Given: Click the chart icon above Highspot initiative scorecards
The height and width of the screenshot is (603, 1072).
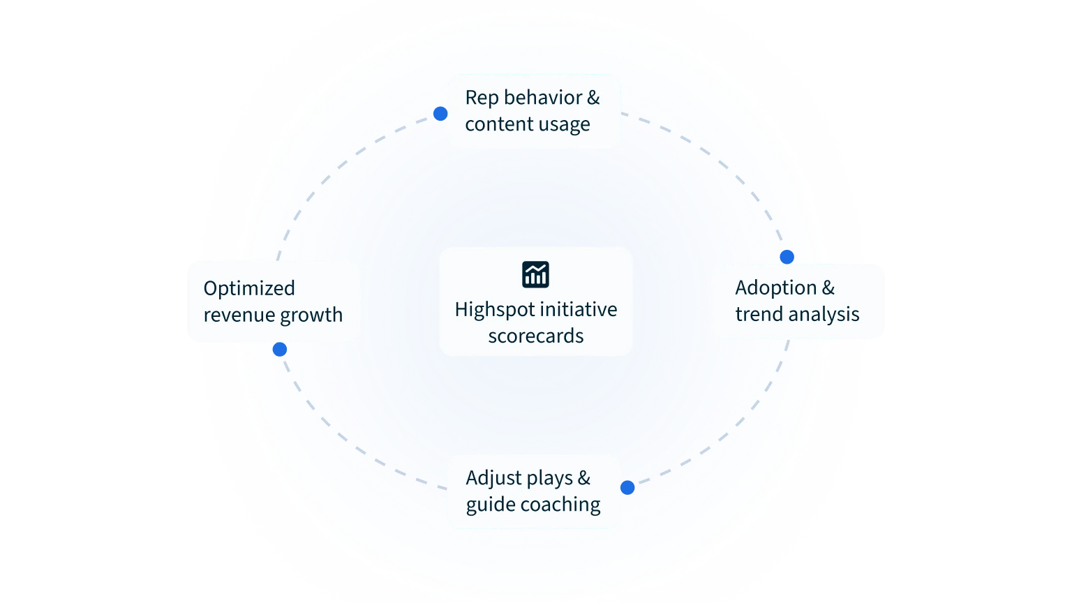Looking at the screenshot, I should click(x=535, y=274).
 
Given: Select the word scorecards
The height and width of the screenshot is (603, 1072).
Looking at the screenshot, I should click(x=535, y=336).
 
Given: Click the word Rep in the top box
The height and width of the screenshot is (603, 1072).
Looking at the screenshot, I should click(x=482, y=98).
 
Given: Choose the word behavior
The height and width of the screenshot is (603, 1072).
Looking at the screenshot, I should click(x=543, y=98).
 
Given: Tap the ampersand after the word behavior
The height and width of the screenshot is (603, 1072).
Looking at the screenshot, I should click(x=593, y=98).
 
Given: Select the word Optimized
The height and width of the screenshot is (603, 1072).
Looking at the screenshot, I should click(x=249, y=288).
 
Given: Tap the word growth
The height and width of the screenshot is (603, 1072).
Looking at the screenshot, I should click(x=313, y=315).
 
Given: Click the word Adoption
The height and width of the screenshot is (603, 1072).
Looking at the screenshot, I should click(x=775, y=288).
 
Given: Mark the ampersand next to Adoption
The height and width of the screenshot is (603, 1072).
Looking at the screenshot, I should click(x=828, y=288).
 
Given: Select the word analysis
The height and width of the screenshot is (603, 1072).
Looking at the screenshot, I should click(x=824, y=314).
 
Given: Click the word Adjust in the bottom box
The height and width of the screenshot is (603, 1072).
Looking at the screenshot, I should click(x=491, y=478).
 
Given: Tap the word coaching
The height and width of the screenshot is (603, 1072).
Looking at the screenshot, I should click(x=563, y=505).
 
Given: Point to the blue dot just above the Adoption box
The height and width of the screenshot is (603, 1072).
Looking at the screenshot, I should click(x=787, y=256).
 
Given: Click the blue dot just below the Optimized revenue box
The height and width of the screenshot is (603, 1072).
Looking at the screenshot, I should click(x=280, y=350).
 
